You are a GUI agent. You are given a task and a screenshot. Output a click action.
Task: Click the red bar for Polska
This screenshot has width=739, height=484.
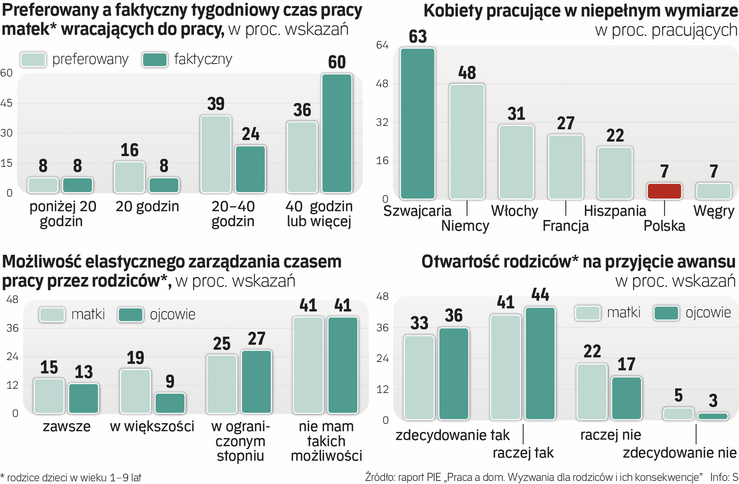(x=664, y=191)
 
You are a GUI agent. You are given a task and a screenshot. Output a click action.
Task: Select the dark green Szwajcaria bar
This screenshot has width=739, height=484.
(x=418, y=123)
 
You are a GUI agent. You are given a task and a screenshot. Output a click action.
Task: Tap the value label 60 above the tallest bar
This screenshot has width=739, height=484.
(x=337, y=62)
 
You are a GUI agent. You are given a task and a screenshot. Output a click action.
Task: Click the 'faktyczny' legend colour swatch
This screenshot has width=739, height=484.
(x=155, y=60)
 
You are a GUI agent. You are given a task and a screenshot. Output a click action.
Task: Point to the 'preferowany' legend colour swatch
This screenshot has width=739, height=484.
(x=33, y=60)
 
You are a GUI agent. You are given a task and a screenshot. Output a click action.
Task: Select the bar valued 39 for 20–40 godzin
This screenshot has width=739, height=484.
(x=216, y=154)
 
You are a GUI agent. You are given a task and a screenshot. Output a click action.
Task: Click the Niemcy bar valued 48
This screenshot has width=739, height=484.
(x=467, y=141)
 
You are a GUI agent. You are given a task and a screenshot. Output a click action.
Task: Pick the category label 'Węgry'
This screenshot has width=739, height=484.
(x=713, y=211)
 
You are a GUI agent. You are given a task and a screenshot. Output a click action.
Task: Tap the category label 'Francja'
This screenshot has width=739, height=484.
(x=566, y=226)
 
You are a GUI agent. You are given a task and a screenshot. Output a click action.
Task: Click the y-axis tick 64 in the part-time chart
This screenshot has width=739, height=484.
(x=382, y=45)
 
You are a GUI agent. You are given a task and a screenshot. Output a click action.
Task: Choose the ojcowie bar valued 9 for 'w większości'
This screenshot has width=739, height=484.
(x=170, y=403)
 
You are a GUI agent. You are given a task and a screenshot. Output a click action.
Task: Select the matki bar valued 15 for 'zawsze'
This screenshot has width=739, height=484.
(x=49, y=396)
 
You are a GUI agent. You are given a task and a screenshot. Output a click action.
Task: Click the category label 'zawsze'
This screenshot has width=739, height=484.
(x=66, y=426)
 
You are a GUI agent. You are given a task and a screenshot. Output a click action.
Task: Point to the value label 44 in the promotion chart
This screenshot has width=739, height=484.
(x=540, y=295)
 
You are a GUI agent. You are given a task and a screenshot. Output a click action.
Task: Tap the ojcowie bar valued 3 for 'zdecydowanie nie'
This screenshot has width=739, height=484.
(x=713, y=416)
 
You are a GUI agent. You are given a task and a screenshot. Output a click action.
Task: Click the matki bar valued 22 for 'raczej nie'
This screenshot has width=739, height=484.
(x=592, y=392)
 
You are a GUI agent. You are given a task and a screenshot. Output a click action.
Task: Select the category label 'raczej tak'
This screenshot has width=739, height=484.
(x=523, y=453)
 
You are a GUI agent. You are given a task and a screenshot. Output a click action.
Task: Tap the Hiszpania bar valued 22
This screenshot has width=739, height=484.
(x=615, y=173)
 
